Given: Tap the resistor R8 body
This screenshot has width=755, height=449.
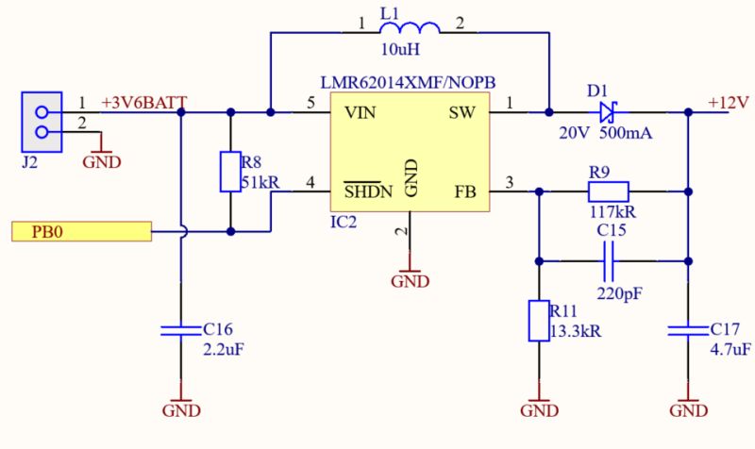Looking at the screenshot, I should click(x=229, y=171).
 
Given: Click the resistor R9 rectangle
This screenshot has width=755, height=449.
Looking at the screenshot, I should click(x=614, y=191).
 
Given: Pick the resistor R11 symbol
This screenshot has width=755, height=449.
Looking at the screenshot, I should click(x=538, y=321).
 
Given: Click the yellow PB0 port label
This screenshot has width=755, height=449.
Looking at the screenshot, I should click(x=81, y=231).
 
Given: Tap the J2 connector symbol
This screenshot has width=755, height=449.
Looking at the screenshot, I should click(x=42, y=123).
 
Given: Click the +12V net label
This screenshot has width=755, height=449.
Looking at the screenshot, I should click(x=728, y=103).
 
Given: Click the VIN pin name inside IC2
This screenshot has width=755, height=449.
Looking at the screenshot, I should click(x=361, y=113).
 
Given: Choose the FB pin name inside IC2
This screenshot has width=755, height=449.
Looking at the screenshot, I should click(x=465, y=192).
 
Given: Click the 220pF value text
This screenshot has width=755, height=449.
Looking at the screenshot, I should click(x=619, y=293).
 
